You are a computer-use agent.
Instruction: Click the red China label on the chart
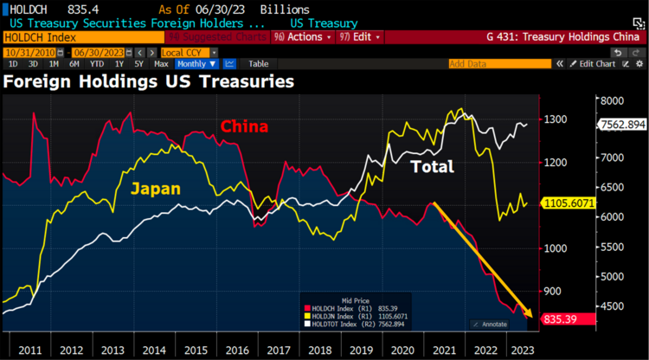click(x=244, y=126)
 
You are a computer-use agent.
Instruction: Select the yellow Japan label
click(x=156, y=188)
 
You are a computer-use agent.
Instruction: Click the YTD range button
click(x=97, y=64)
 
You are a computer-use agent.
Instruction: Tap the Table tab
click(x=258, y=64)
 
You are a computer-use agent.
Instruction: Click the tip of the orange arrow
click(x=531, y=318)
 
